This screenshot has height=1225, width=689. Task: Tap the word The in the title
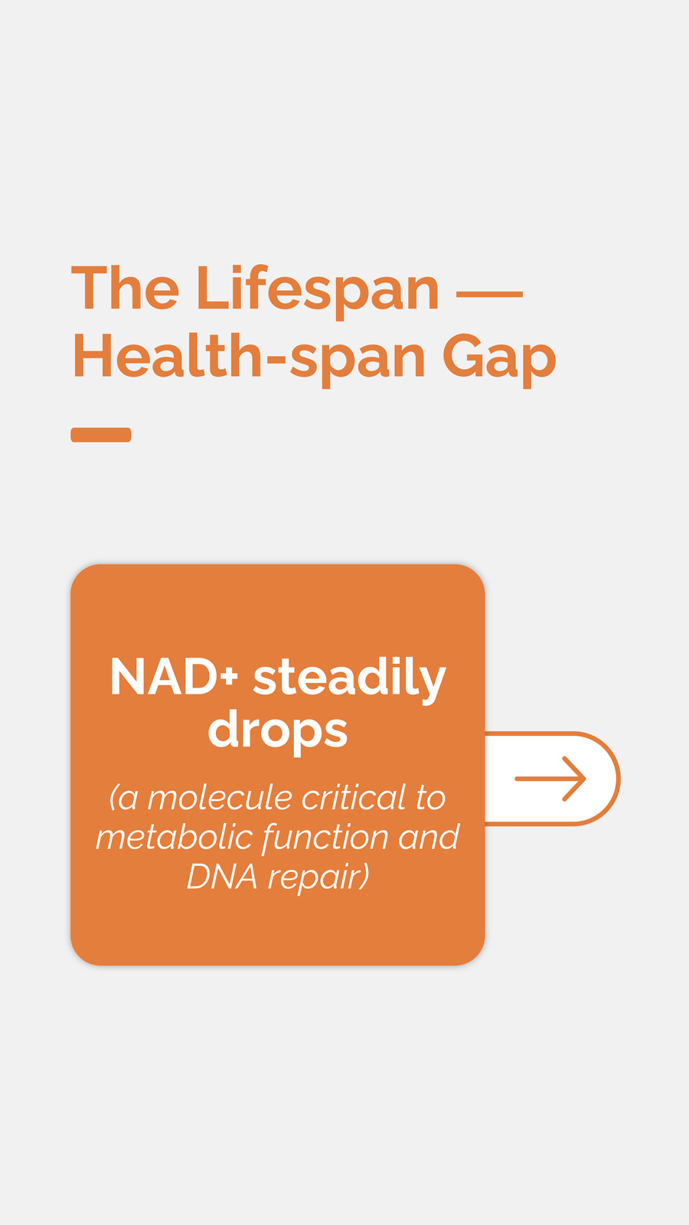(x=126, y=288)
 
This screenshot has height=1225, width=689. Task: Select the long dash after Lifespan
(x=489, y=294)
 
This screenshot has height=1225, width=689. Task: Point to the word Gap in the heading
(x=499, y=361)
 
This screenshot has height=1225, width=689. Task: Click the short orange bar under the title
(x=101, y=435)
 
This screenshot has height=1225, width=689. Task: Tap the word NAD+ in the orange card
(x=174, y=677)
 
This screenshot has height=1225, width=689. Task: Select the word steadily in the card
(x=349, y=680)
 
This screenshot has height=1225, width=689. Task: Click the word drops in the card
(x=278, y=731)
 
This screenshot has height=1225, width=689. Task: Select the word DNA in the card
(x=222, y=877)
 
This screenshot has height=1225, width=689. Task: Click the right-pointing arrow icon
(x=550, y=779)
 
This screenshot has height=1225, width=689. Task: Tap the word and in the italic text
(x=429, y=838)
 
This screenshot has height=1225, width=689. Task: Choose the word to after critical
(x=431, y=799)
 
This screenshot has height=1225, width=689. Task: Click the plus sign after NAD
(x=230, y=677)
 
